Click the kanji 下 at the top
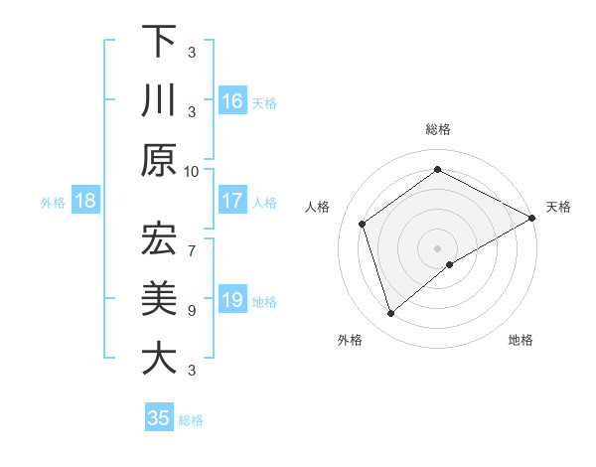(159, 42)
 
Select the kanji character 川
(159, 101)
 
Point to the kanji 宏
(159, 238)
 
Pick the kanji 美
(159, 298)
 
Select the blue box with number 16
(232, 101)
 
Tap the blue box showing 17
(232, 201)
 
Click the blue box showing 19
(232, 301)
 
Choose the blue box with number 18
(85, 202)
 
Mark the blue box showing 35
(159, 418)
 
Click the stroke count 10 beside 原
(192, 171)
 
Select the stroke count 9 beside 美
(192, 310)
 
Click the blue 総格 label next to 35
(191, 419)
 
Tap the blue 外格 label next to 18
(53, 203)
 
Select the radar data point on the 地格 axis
(450, 264)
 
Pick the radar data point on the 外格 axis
(390, 314)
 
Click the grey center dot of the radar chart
(437, 246)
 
